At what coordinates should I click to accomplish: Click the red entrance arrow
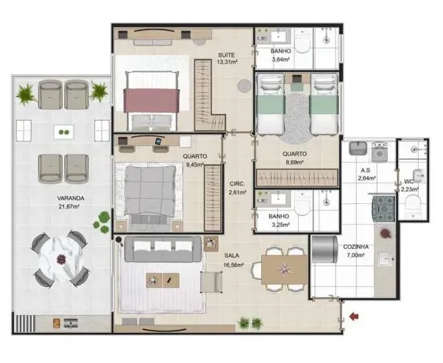355,317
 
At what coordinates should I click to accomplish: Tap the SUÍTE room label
227,55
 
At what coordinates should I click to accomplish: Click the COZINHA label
356,247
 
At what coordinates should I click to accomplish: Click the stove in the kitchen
384,208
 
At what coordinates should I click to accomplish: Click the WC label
408,181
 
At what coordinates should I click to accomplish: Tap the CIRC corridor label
236,184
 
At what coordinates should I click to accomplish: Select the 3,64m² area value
281,60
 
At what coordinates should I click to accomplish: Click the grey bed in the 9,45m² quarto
152,191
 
